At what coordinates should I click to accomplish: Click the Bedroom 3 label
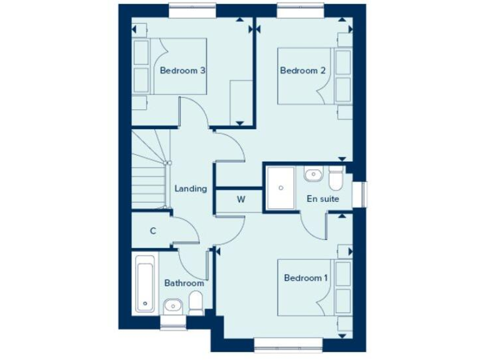tap(183, 71)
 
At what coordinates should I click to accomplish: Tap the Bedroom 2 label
tap(302, 71)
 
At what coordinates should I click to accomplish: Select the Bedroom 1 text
tap(306, 277)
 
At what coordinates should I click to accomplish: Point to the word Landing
tap(191, 188)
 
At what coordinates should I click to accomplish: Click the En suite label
tap(322, 199)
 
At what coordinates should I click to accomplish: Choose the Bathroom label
tap(184, 283)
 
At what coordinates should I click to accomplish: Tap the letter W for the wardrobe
tap(240, 200)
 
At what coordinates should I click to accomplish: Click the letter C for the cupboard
tap(152, 231)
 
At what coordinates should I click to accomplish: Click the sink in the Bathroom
tap(172, 305)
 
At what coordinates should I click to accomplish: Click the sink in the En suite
tap(312, 174)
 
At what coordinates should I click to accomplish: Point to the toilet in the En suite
tap(336, 177)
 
